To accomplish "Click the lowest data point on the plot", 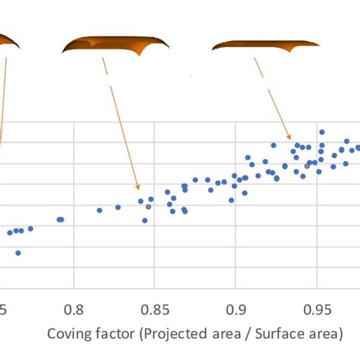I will coord(18,253).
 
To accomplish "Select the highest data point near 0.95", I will coord(322,132).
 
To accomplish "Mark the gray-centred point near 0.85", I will coord(148,207).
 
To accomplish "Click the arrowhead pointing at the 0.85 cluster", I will coord(137,188).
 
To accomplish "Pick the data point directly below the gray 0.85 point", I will coord(144,220).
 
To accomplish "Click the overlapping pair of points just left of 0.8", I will coord(60,219).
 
